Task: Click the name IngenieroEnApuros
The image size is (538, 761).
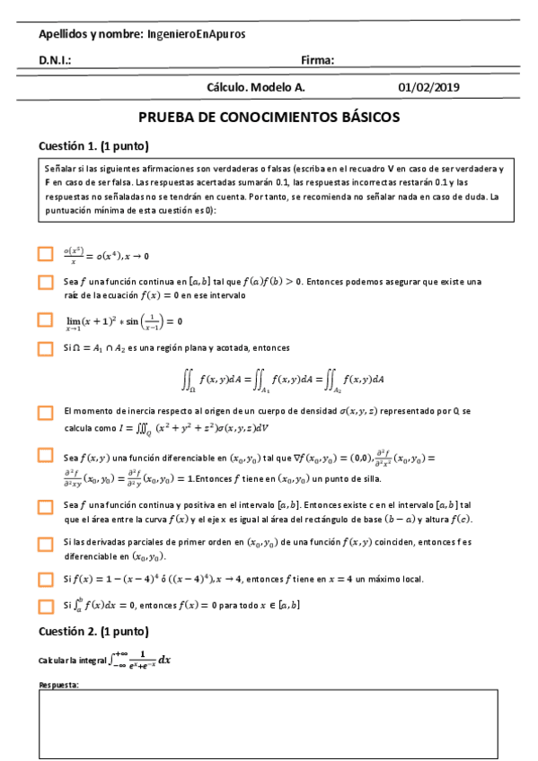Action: (196, 34)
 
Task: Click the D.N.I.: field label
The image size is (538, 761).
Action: (55, 61)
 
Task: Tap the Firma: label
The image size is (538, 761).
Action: (318, 61)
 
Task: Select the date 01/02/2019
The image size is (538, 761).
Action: (428, 88)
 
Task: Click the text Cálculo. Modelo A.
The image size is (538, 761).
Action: (256, 88)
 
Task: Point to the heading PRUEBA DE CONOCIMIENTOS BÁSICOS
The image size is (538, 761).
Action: (269, 118)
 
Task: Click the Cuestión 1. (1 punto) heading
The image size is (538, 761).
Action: (93, 146)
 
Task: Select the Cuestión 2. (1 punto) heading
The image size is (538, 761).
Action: (93, 631)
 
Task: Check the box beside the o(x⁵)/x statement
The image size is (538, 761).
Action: (46, 254)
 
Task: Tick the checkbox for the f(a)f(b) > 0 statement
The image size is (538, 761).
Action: (46, 283)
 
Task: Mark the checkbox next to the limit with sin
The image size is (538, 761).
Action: (46, 319)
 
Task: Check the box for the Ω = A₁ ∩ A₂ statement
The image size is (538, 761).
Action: (46, 347)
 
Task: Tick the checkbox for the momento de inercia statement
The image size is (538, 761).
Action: (46, 413)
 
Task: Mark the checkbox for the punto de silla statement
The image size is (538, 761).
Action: (46, 456)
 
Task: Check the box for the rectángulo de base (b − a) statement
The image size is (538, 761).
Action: (46, 507)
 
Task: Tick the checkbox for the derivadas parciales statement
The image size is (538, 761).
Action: (46, 544)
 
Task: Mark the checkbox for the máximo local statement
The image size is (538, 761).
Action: (46, 579)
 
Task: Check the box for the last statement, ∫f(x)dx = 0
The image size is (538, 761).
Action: (46, 606)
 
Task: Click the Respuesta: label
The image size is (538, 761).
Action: (59, 685)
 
